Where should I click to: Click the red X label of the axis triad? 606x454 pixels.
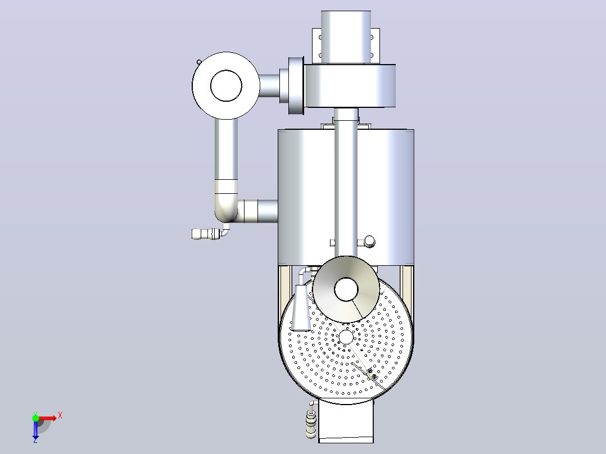(x=60, y=416)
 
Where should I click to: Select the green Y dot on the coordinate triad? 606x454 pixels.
(x=35, y=418)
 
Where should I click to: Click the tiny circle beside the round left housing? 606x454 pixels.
(x=199, y=62)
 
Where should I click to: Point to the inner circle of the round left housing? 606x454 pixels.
(x=226, y=86)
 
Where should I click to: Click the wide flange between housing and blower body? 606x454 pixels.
(x=296, y=86)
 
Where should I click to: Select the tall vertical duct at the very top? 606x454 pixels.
(x=346, y=37)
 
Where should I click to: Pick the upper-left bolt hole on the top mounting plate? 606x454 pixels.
(x=320, y=38)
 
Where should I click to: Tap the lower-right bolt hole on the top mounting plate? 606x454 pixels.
(x=372, y=55)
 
